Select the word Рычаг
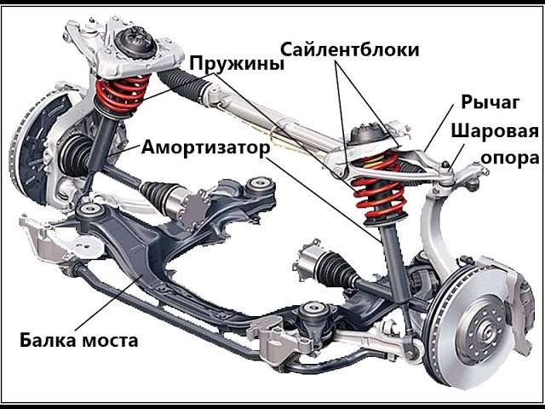(x=489, y=103)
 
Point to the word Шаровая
(x=496, y=132)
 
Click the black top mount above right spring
(x=367, y=135)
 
